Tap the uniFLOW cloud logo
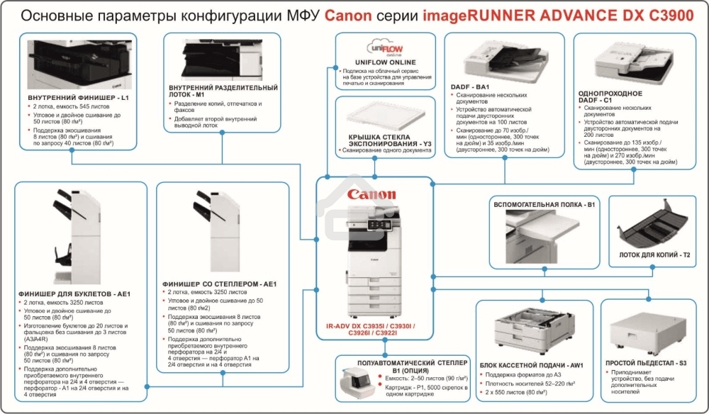tap(385, 47)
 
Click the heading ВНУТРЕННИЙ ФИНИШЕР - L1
tap(78, 96)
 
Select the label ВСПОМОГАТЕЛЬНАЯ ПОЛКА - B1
tap(543, 204)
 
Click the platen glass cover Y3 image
tap(384, 113)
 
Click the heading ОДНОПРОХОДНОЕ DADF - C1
tap(610, 98)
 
